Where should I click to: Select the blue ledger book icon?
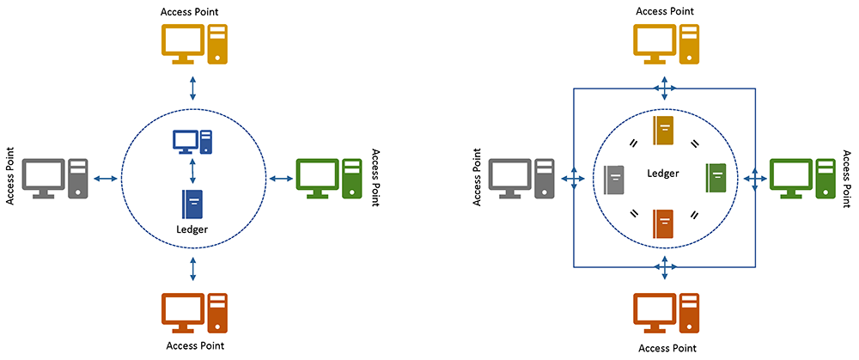click(192, 204)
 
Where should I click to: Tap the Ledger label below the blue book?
click(192, 229)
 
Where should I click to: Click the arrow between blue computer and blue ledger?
click(192, 169)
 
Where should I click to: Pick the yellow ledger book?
click(664, 130)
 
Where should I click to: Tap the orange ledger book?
click(664, 223)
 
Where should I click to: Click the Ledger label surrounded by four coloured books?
click(663, 174)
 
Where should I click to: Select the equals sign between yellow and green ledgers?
click(694, 143)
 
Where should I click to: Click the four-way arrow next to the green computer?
click(754, 178)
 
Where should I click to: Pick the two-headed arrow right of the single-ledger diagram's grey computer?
click(107, 178)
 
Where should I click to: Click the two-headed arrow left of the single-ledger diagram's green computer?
click(281, 178)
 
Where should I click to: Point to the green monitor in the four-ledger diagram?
click(788, 174)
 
